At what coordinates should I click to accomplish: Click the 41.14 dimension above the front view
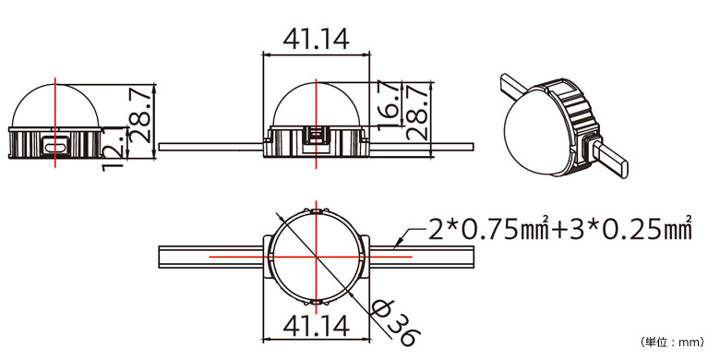(x=316, y=39)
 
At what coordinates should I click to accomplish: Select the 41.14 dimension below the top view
(x=316, y=326)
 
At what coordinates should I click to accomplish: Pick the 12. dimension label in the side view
(x=113, y=150)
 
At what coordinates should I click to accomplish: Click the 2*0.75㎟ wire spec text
(x=489, y=229)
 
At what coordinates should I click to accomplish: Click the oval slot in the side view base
(x=54, y=147)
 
